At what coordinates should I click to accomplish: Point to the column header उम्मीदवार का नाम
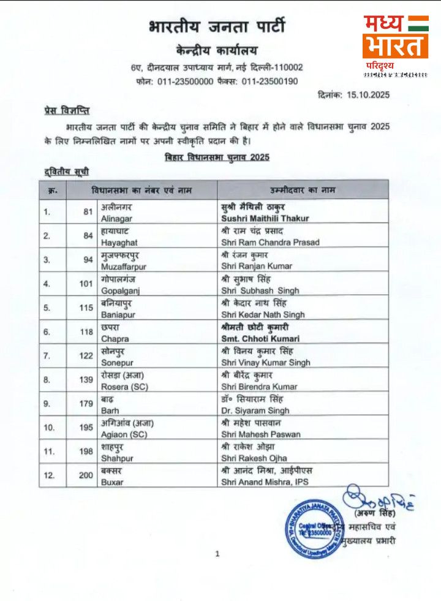pyautogui.click(x=303, y=190)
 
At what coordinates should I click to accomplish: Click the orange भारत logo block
pyautogui.click(x=395, y=47)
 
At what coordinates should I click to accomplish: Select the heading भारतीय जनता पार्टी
pyautogui.click(x=216, y=27)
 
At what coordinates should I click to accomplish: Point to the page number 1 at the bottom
pyautogui.click(x=217, y=554)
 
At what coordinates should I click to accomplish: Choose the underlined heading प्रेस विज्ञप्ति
pyautogui.click(x=67, y=110)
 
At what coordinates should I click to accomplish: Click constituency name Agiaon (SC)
pyautogui.click(x=124, y=434)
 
